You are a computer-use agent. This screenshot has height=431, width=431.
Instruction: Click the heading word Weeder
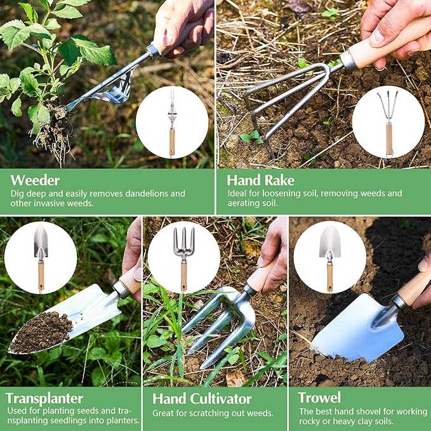(x=36, y=180)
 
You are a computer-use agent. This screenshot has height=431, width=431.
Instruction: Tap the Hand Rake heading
(x=260, y=180)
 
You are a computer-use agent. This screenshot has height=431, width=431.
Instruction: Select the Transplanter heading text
(x=44, y=399)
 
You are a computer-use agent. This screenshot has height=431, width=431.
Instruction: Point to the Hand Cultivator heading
(x=202, y=399)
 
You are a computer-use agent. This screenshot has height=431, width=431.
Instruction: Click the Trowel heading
(x=319, y=398)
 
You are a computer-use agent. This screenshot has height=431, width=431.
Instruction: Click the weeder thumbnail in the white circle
(x=171, y=122)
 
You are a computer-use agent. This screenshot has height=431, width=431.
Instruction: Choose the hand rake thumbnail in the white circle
(x=388, y=122)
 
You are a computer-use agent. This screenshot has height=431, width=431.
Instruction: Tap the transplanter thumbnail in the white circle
(x=41, y=257)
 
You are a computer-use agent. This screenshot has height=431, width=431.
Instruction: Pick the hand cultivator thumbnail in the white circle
(x=183, y=257)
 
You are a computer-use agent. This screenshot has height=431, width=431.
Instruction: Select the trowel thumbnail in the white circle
(x=329, y=257)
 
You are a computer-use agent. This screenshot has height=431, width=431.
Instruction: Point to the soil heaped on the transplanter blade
(x=42, y=331)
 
